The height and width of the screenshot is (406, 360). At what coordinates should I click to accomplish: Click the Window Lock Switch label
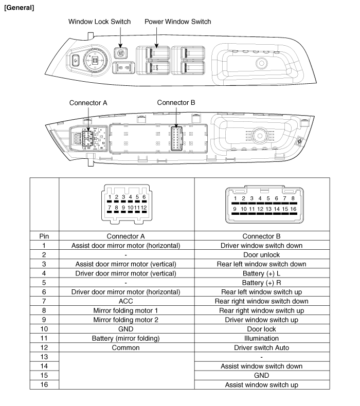(x=100, y=22)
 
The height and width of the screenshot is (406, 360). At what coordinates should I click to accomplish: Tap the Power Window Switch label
(x=178, y=22)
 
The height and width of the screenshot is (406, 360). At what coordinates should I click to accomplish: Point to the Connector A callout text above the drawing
(x=88, y=102)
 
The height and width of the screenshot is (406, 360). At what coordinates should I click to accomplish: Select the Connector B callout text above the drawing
(x=176, y=102)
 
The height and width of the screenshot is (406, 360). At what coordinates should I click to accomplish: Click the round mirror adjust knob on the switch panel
(x=96, y=61)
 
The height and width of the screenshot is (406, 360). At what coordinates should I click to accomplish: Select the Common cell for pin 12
(x=127, y=347)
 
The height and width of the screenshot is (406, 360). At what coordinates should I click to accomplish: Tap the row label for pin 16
(x=44, y=384)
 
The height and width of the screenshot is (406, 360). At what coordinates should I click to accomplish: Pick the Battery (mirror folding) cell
(x=127, y=338)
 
